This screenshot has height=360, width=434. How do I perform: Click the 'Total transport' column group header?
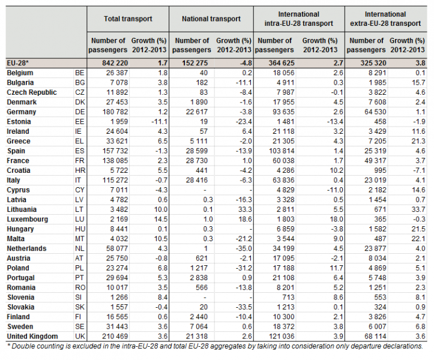pyautogui.click(x=128, y=19)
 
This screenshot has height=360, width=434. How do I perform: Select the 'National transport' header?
pyautogui.click(x=211, y=19)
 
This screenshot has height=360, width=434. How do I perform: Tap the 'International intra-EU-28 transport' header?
pyautogui.click(x=299, y=19)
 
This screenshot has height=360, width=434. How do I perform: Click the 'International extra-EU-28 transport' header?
pyautogui.click(x=385, y=19)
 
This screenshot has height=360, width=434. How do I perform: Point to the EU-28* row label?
pyautogui.click(x=18, y=63)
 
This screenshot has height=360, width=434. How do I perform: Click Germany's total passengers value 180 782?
pyautogui.click(x=115, y=112)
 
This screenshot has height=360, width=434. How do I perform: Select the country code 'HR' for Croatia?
pyautogui.click(x=80, y=170)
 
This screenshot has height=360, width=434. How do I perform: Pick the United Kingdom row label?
pyautogui.click(x=32, y=337)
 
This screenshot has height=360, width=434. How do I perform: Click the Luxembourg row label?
pyautogui.click(x=28, y=220)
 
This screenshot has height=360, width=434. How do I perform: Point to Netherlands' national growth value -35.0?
pyautogui.click(x=244, y=248)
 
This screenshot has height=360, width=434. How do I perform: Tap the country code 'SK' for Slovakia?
pyautogui.click(x=80, y=307)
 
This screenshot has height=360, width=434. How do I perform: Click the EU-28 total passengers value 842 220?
pyautogui.click(x=115, y=63)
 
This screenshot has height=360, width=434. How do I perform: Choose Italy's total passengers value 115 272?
pyautogui.click(x=115, y=181)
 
